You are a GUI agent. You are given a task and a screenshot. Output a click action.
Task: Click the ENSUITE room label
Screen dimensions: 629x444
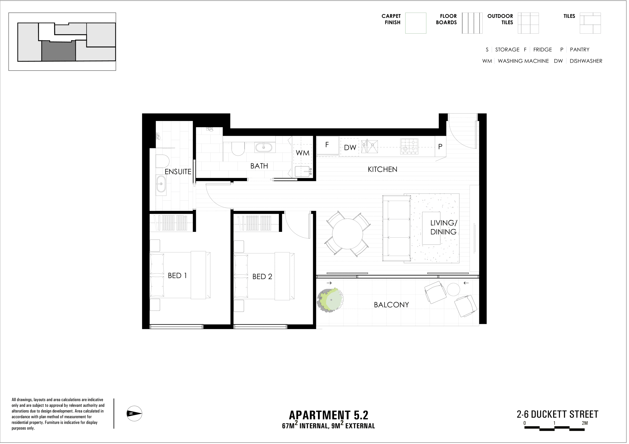coord(178,172)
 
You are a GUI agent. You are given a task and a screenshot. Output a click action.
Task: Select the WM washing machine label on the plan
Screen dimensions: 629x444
coord(303,153)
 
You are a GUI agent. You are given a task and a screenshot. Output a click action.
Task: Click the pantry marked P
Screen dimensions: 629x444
coord(441,147)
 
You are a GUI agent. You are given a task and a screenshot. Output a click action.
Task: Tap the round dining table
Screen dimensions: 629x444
coord(348,234)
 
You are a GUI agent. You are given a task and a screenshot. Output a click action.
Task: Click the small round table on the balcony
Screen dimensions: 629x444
coord(454,289)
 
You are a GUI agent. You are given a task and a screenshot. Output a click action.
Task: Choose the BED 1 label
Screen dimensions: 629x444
coord(178,276)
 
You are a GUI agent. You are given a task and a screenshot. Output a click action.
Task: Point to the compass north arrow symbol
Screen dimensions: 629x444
coord(134,414)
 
